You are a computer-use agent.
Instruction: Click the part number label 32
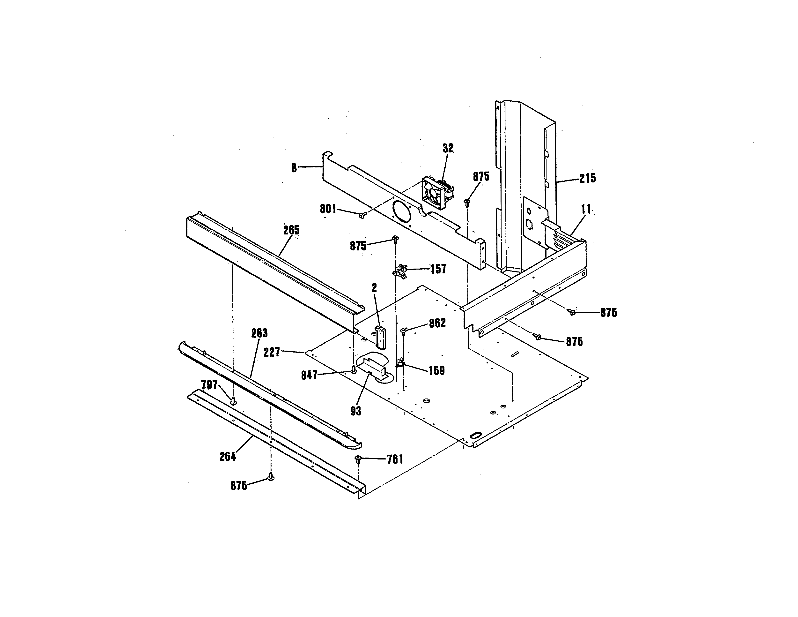click(448, 148)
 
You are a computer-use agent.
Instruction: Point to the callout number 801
click(328, 209)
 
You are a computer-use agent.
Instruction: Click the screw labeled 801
click(362, 216)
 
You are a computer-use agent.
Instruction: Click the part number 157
click(438, 269)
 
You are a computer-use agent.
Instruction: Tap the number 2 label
click(374, 288)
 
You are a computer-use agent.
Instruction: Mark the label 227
click(272, 352)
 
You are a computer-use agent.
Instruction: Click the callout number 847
click(309, 375)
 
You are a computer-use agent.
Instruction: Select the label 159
click(437, 371)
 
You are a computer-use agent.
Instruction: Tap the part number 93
click(355, 411)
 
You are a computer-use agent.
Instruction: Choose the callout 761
click(395, 459)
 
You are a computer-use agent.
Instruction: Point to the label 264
click(227, 457)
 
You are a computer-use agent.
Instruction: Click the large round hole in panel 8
click(401, 212)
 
